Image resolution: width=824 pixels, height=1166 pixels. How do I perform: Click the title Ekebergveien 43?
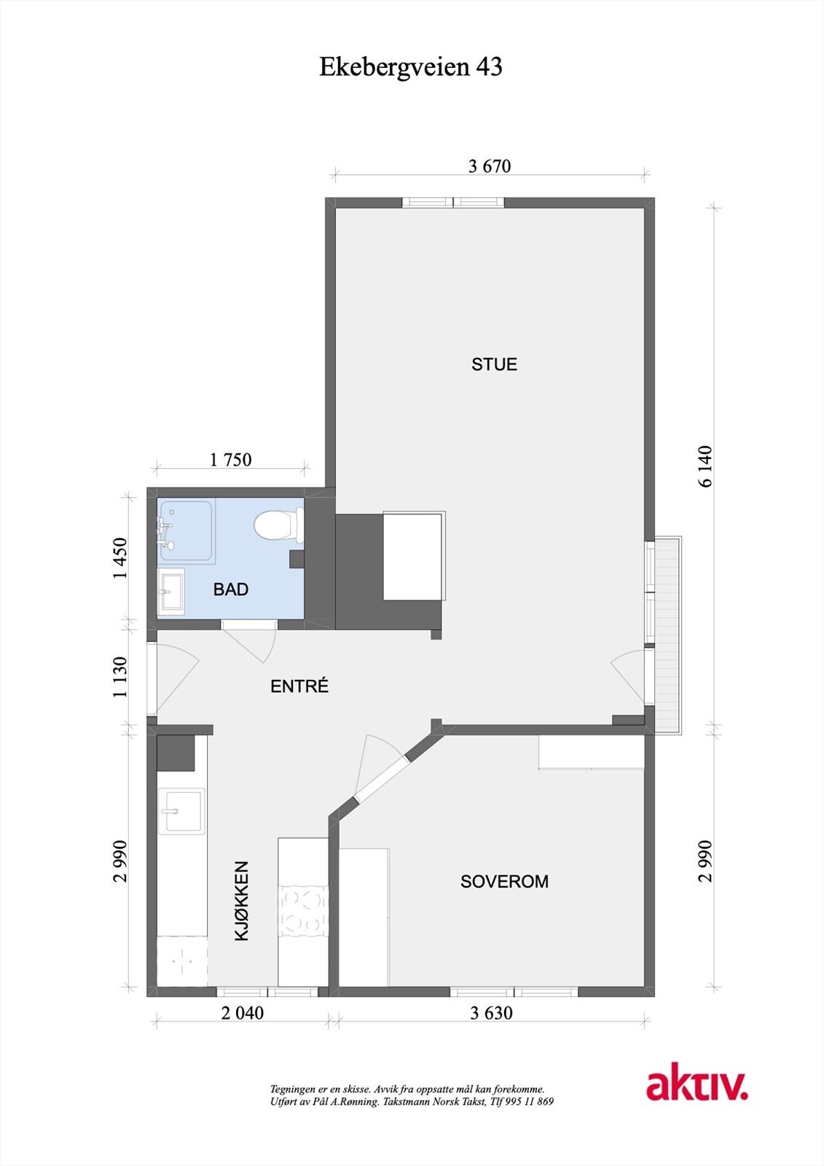click(x=411, y=67)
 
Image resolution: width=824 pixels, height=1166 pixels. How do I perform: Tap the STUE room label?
click(x=494, y=364)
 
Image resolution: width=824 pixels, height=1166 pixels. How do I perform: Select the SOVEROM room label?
click(x=504, y=882)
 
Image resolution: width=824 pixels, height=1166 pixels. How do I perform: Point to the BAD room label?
click(x=231, y=590)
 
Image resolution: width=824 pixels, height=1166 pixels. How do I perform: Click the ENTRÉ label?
click(x=299, y=686)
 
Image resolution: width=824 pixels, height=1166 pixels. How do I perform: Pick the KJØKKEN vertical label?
click(x=242, y=901)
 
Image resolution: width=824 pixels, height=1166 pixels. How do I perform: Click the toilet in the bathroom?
click(x=277, y=525)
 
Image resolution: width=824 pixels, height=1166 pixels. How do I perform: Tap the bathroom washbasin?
click(x=172, y=591)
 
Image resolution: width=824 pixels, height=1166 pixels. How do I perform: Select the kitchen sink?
click(x=181, y=811)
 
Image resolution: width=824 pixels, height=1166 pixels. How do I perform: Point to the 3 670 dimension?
click(x=490, y=166)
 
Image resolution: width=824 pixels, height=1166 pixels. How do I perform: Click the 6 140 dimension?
click(x=705, y=466)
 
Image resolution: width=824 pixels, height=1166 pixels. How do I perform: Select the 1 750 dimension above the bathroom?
click(x=230, y=460)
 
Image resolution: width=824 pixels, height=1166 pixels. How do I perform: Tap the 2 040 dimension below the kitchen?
click(x=242, y=1013)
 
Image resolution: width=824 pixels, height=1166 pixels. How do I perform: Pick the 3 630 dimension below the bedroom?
click(x=491, y=1013)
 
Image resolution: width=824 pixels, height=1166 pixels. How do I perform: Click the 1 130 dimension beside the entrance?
click(x=120, y=677)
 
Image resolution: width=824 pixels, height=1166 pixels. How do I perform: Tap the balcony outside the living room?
click(x=668, y=634)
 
